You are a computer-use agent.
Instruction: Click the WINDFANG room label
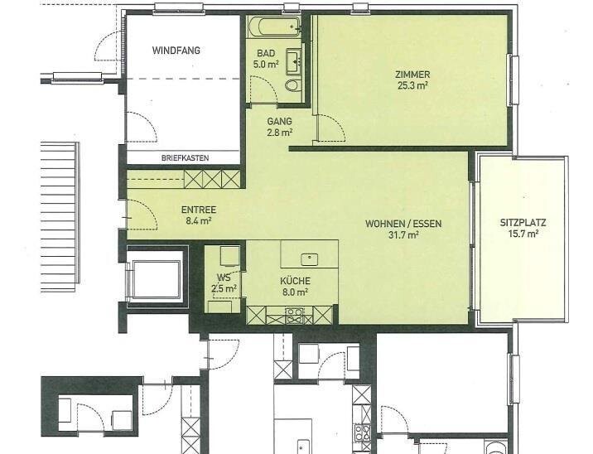176,51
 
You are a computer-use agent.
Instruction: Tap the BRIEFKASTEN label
185,158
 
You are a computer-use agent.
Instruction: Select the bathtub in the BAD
275,27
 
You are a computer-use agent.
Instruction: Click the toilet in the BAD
292,85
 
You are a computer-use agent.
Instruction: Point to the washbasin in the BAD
294,61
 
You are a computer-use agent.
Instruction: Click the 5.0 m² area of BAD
266,64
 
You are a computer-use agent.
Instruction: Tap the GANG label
279,122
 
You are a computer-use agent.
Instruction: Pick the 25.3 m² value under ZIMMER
412,85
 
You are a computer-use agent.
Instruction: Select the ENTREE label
199,210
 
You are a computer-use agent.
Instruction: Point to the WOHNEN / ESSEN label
403,224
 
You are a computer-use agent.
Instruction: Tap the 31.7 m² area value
403,235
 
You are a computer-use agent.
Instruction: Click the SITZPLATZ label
523,223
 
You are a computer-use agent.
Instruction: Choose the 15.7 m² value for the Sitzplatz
523,234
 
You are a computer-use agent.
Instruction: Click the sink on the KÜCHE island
310,259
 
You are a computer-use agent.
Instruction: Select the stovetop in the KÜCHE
294,316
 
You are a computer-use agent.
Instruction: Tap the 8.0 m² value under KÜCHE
295,292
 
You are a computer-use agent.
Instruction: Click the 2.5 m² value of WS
224,289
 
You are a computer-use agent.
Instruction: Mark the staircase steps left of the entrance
60,217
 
